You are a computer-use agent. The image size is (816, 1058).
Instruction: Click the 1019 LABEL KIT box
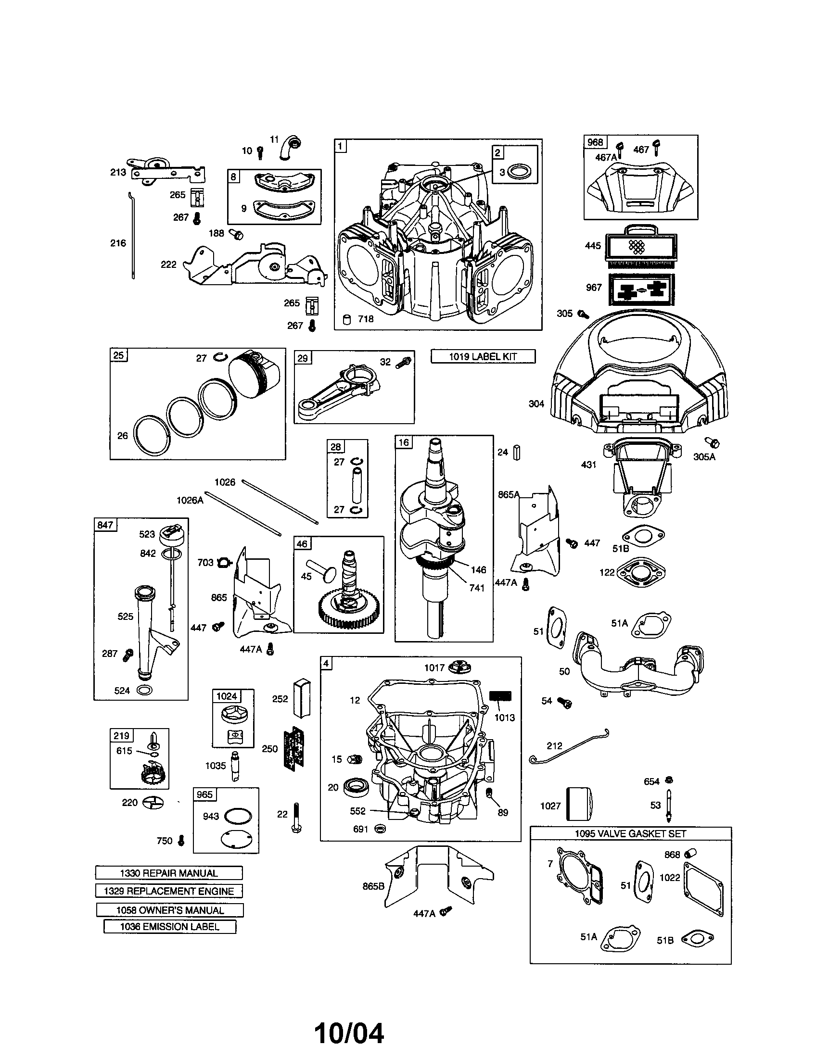click(x=483, y=356)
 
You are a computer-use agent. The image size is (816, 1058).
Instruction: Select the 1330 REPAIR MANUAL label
click(x=168, y=873)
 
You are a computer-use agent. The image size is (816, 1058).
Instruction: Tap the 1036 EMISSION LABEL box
click(x=169, y=927)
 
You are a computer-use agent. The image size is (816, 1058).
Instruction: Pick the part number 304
click(x=536, y=403)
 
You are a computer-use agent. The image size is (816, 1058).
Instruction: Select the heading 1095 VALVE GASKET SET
click(x=630, y=834)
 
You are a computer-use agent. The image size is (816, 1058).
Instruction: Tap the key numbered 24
click(x=517, y=452)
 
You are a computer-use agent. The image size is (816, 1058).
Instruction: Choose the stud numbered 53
click(x=671, y=806)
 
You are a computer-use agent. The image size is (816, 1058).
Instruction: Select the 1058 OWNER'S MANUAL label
click(x=169, y=910)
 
